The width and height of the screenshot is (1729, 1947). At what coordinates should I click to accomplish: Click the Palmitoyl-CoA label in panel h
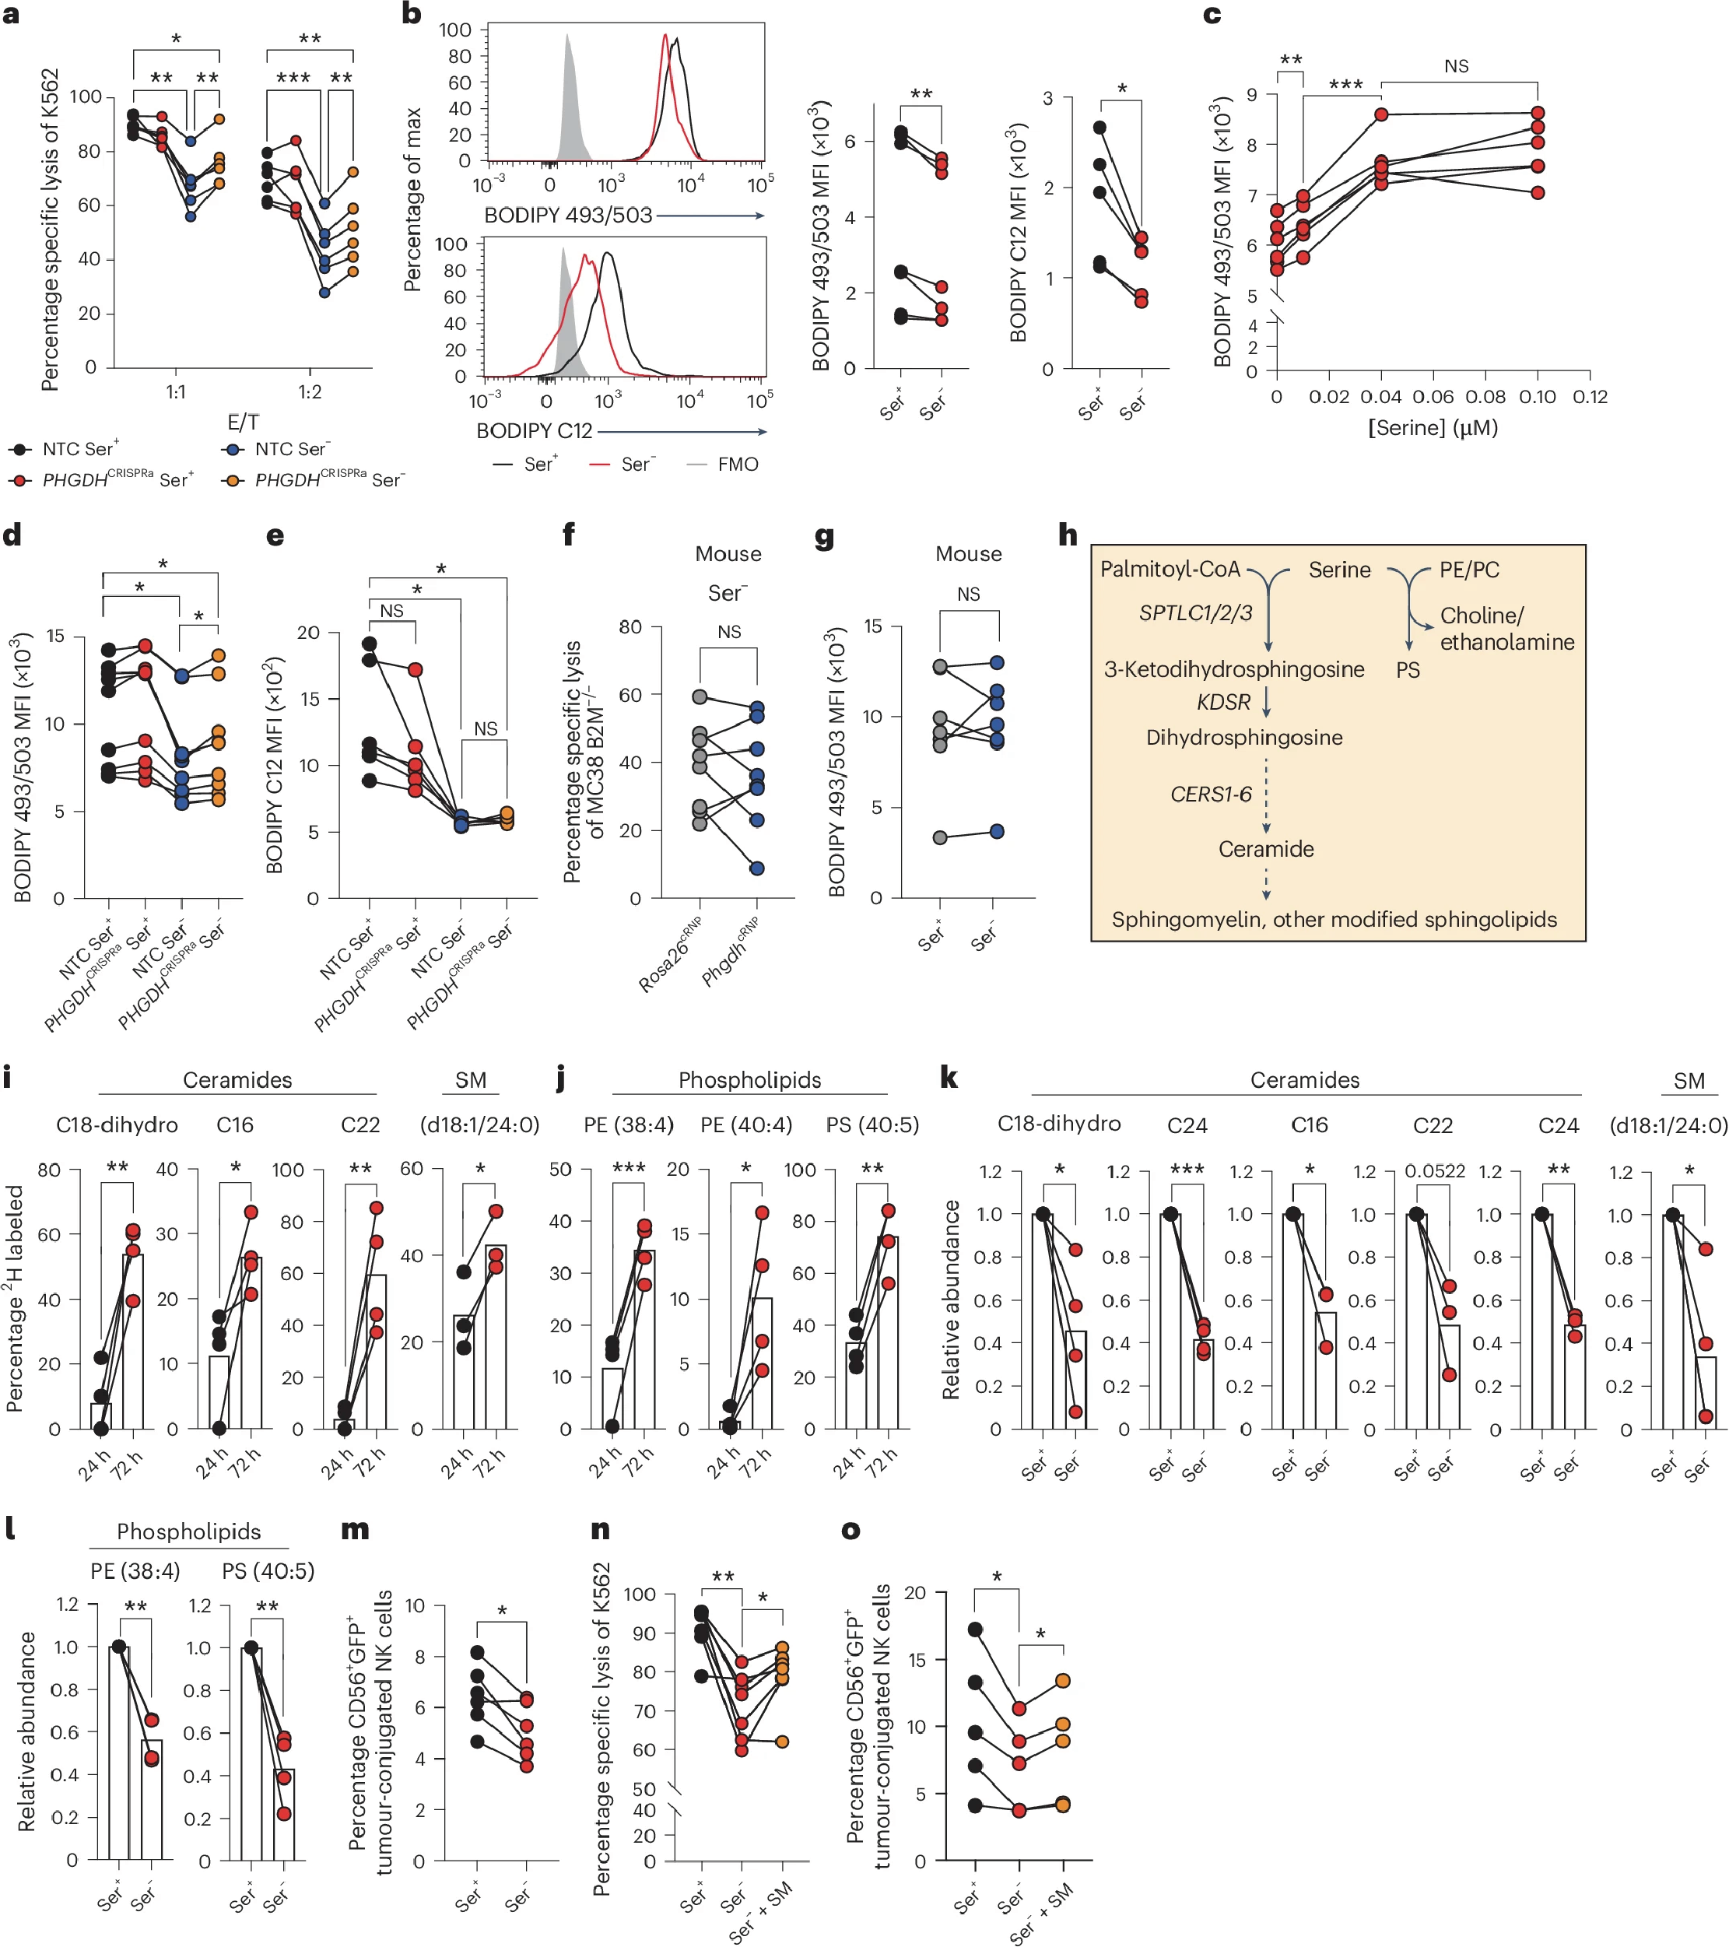pyautogui.click(x=1170, y=570)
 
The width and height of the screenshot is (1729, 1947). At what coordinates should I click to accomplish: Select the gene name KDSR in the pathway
pyautogui.click(x=1223, y=702)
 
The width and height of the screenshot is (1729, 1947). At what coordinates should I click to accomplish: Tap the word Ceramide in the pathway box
pyautogui.click(x=1266, y=849)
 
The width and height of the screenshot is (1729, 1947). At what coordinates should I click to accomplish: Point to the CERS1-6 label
pyautogui.click(x=1211, y=794)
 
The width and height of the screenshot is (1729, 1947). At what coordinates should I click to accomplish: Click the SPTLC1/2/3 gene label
pyautogui.click(x=1195, y=612)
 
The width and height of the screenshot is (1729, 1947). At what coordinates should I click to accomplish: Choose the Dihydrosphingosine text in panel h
pyautogui.click(x=1244, y=737)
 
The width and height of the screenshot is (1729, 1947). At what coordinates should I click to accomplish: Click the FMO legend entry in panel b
pyautogui.click(x=738, y=465)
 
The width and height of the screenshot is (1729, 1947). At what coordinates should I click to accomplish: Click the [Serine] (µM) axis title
pyautogui.click(x=1433, y=428)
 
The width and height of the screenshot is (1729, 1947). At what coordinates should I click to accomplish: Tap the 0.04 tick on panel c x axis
pyautogui.click(x=1380, y=397)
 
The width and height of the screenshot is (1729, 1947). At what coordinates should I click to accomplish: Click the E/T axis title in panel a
pyautogui.click(x=243, y=422)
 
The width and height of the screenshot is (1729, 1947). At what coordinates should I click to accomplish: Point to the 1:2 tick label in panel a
pyautogui.click(x=310, y=392)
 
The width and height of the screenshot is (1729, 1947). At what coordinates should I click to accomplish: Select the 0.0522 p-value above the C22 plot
pyautogui.click(x=1435, y=1170)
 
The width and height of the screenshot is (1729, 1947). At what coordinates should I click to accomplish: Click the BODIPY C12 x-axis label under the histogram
pyautogui.click(x=534, y=432)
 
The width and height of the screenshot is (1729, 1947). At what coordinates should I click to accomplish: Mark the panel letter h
pyautogui.click(x=1068, y=535)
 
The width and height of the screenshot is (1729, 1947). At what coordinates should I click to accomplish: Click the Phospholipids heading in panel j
pyautogui.click(x=749, y=1079)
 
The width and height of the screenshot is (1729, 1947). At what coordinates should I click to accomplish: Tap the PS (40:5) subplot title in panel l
pyautogui.click(x=268, y=1570)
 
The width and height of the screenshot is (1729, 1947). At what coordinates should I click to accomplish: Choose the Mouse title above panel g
pyautogui.click(x=968, y=553)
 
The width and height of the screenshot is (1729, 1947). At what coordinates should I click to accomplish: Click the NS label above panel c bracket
pyautogui.click(x=1456, y=65)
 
